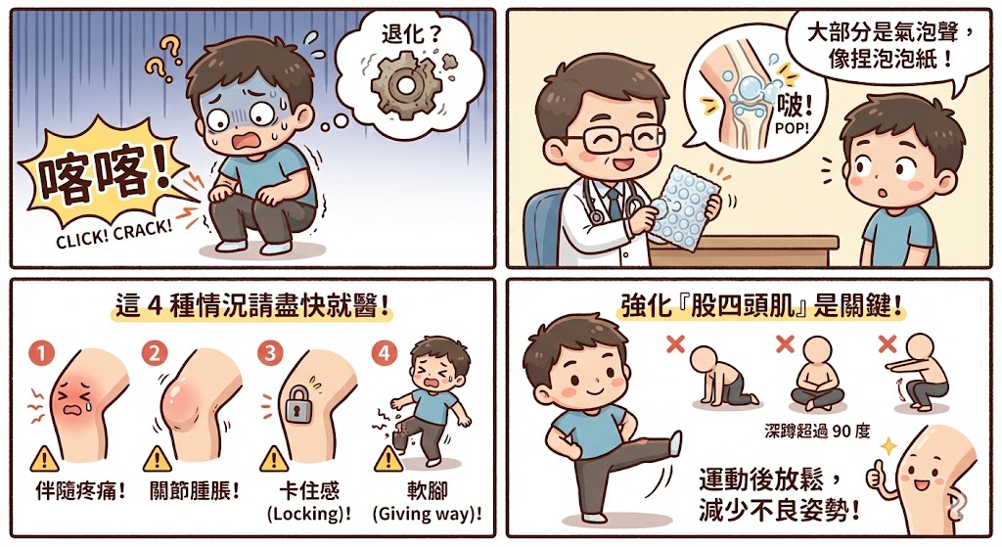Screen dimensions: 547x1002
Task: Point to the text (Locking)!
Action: [309, 513]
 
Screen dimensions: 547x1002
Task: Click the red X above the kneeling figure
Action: [673, 343]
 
